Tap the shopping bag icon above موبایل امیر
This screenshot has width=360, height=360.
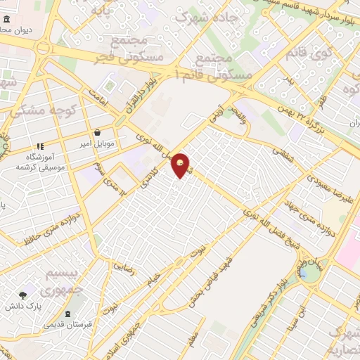point(96,132)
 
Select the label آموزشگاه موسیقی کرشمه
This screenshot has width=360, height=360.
point(30,162)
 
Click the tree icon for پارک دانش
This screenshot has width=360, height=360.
point(23,295)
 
